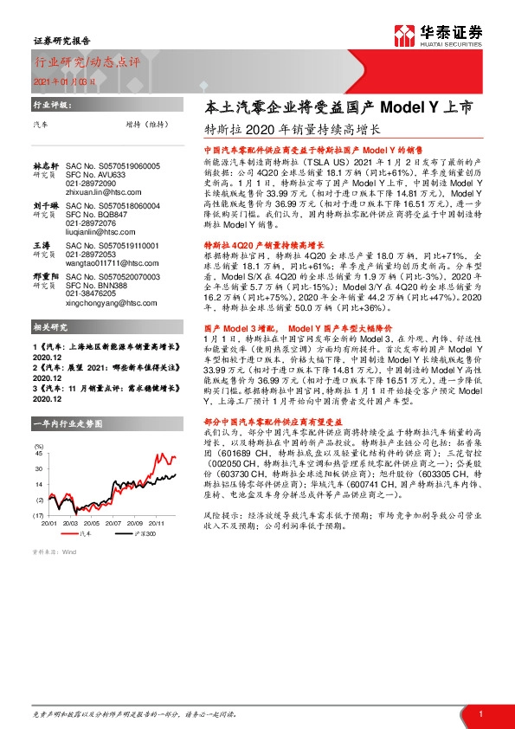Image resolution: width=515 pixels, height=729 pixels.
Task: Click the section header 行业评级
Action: (50, 104)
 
